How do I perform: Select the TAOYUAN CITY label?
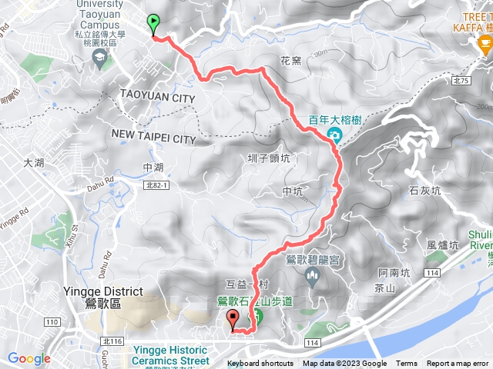[158, 98]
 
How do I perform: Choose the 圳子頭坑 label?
[268, 159]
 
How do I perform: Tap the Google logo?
[29, 358]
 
